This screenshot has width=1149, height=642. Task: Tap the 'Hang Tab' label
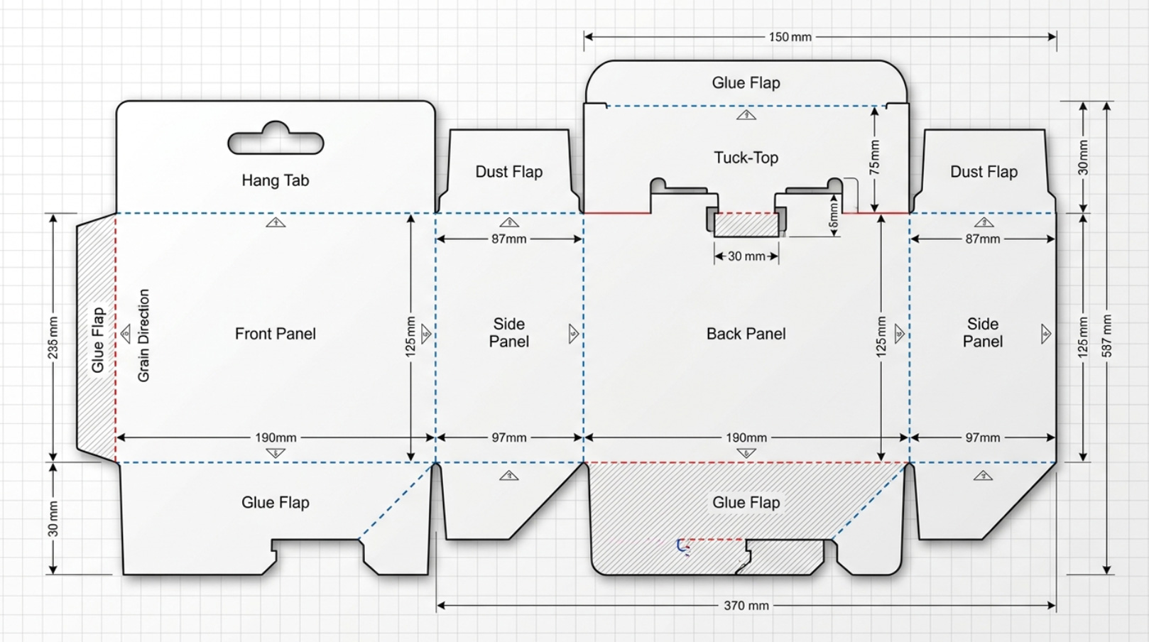point(276,180)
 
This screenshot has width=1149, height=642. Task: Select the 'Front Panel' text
point(276,334)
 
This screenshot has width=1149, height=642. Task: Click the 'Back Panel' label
point(746,334)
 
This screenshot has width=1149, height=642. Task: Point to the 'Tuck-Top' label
point(746,158)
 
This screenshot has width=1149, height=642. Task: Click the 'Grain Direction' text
point(143,335)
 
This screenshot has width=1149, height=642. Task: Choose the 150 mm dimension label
point(790,37)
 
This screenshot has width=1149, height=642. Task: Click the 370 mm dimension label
point(746,606)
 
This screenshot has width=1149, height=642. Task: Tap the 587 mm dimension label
point(1107,336)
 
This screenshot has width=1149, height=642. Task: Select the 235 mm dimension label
point(53,338)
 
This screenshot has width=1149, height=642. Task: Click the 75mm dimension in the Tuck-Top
point(875,158)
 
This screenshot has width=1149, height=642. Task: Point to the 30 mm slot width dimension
point(746,256)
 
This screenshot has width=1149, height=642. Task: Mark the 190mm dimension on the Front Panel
point(276,438)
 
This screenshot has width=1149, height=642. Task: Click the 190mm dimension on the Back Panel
point(746,438)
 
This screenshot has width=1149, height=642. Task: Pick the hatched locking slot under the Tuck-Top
point(746,224)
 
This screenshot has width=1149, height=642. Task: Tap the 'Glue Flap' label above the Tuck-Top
point(746,83)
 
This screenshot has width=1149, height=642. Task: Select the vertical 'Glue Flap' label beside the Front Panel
point(97,340)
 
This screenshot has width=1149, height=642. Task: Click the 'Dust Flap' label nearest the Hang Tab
point(509,172)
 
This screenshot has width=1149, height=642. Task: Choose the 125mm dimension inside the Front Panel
point(410,337)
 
